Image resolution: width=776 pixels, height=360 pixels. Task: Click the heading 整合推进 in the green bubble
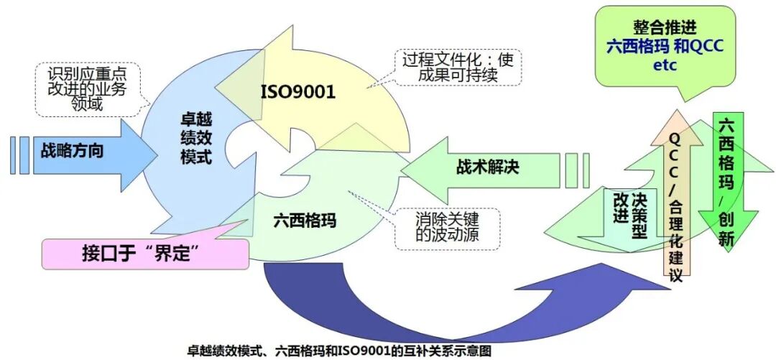tap(665, 27)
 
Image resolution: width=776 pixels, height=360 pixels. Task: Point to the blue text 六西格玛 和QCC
tap(665, 47)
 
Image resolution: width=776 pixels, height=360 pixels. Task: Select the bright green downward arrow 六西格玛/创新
tap(727, 176)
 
